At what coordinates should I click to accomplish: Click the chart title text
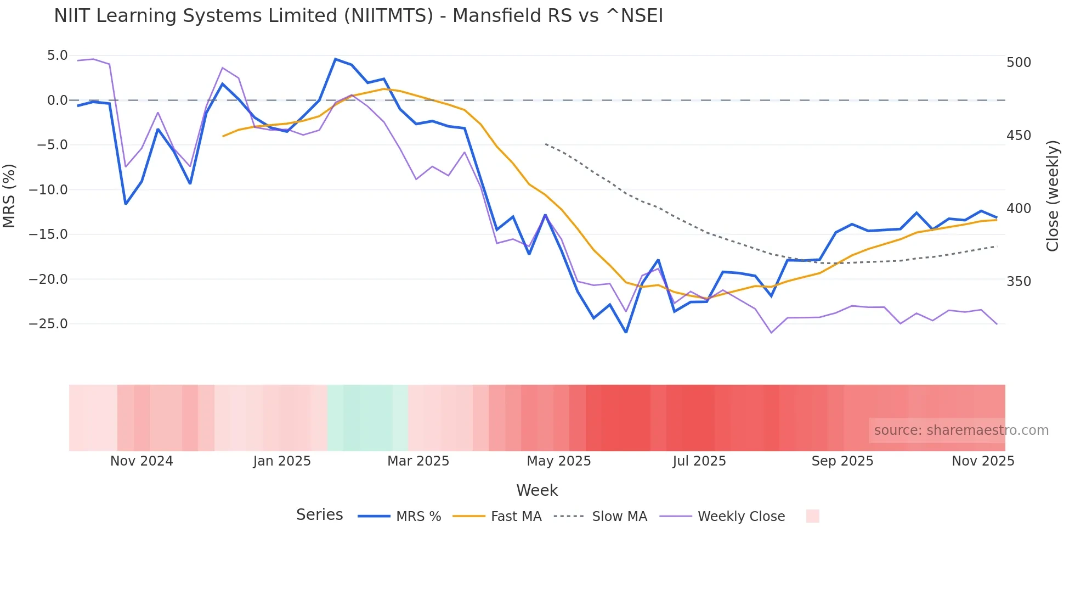tap(358, 16)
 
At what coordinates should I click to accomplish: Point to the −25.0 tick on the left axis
tap(48, 324)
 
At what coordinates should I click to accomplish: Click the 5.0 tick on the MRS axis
tap(57, 55)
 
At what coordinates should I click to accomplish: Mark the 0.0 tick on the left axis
tap(57, 100)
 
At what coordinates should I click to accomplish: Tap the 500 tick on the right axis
tap(1019, 63)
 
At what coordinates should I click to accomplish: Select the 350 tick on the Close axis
tap(1019, 282)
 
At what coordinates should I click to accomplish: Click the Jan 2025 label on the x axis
tap(282, 461)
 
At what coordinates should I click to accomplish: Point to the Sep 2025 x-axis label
tap(842, 461)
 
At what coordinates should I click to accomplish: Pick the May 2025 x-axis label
tap(558, 461)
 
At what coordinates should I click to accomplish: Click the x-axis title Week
tap(537, 490)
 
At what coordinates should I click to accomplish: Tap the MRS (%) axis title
tap(9, 195)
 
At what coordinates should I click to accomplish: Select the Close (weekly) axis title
tap(1052, 195)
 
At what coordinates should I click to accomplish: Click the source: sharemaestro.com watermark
tap(961, 430)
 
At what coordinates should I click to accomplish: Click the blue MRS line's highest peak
tap(336, 59)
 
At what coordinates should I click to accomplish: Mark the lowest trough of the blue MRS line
tap(626, 332)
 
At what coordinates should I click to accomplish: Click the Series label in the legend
tap(319, 515)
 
